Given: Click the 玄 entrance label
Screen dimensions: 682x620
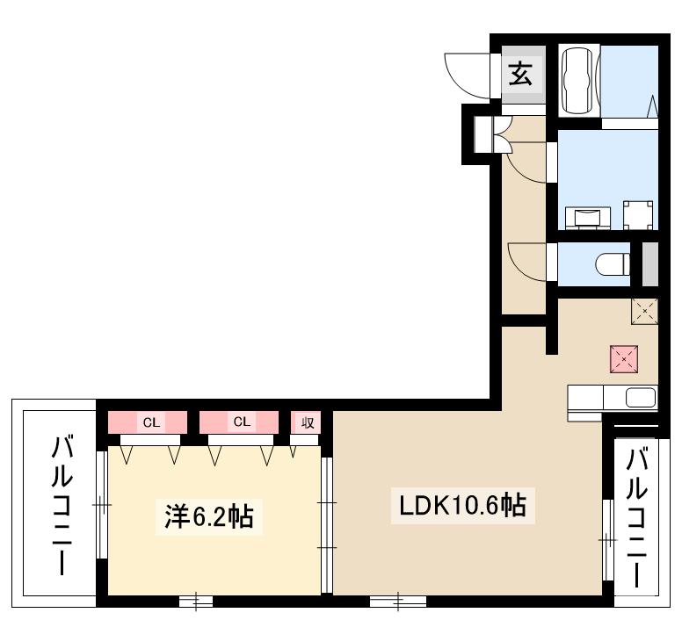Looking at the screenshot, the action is [x=521, y=74].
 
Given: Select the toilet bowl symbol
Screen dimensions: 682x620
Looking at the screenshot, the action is [x=613, y=264].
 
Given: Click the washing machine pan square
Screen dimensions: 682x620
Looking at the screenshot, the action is [x=638, y=215].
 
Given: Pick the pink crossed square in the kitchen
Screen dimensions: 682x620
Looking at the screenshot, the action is [x=624, y=359].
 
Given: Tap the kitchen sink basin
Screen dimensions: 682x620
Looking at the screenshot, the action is [x=640, y=398].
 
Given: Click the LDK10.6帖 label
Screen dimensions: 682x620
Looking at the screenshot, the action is [x=463, y=505].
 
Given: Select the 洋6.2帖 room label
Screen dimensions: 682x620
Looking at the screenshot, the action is [x=209, y=516].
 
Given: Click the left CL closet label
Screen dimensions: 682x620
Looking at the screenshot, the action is [x=152, y=422].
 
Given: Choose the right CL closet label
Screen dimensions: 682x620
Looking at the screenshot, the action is [x=242, y=422].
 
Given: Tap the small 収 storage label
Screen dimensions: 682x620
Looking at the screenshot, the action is [x=308, y=422].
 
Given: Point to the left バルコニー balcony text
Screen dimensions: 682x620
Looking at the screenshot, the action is [x=62, y=506].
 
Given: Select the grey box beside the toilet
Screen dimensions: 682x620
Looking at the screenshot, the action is [x=650, y=264].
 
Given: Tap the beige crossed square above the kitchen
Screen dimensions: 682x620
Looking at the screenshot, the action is [x=644, y=311].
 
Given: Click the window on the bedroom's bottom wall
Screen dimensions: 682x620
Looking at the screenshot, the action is [x=196, y=602].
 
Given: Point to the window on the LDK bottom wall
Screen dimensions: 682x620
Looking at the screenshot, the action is [x=397, y=602].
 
